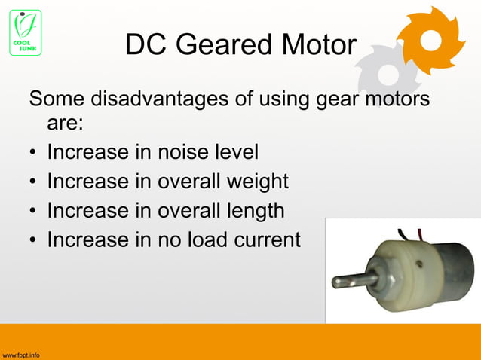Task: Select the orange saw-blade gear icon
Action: point(430,41)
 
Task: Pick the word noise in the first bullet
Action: point(182,152)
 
